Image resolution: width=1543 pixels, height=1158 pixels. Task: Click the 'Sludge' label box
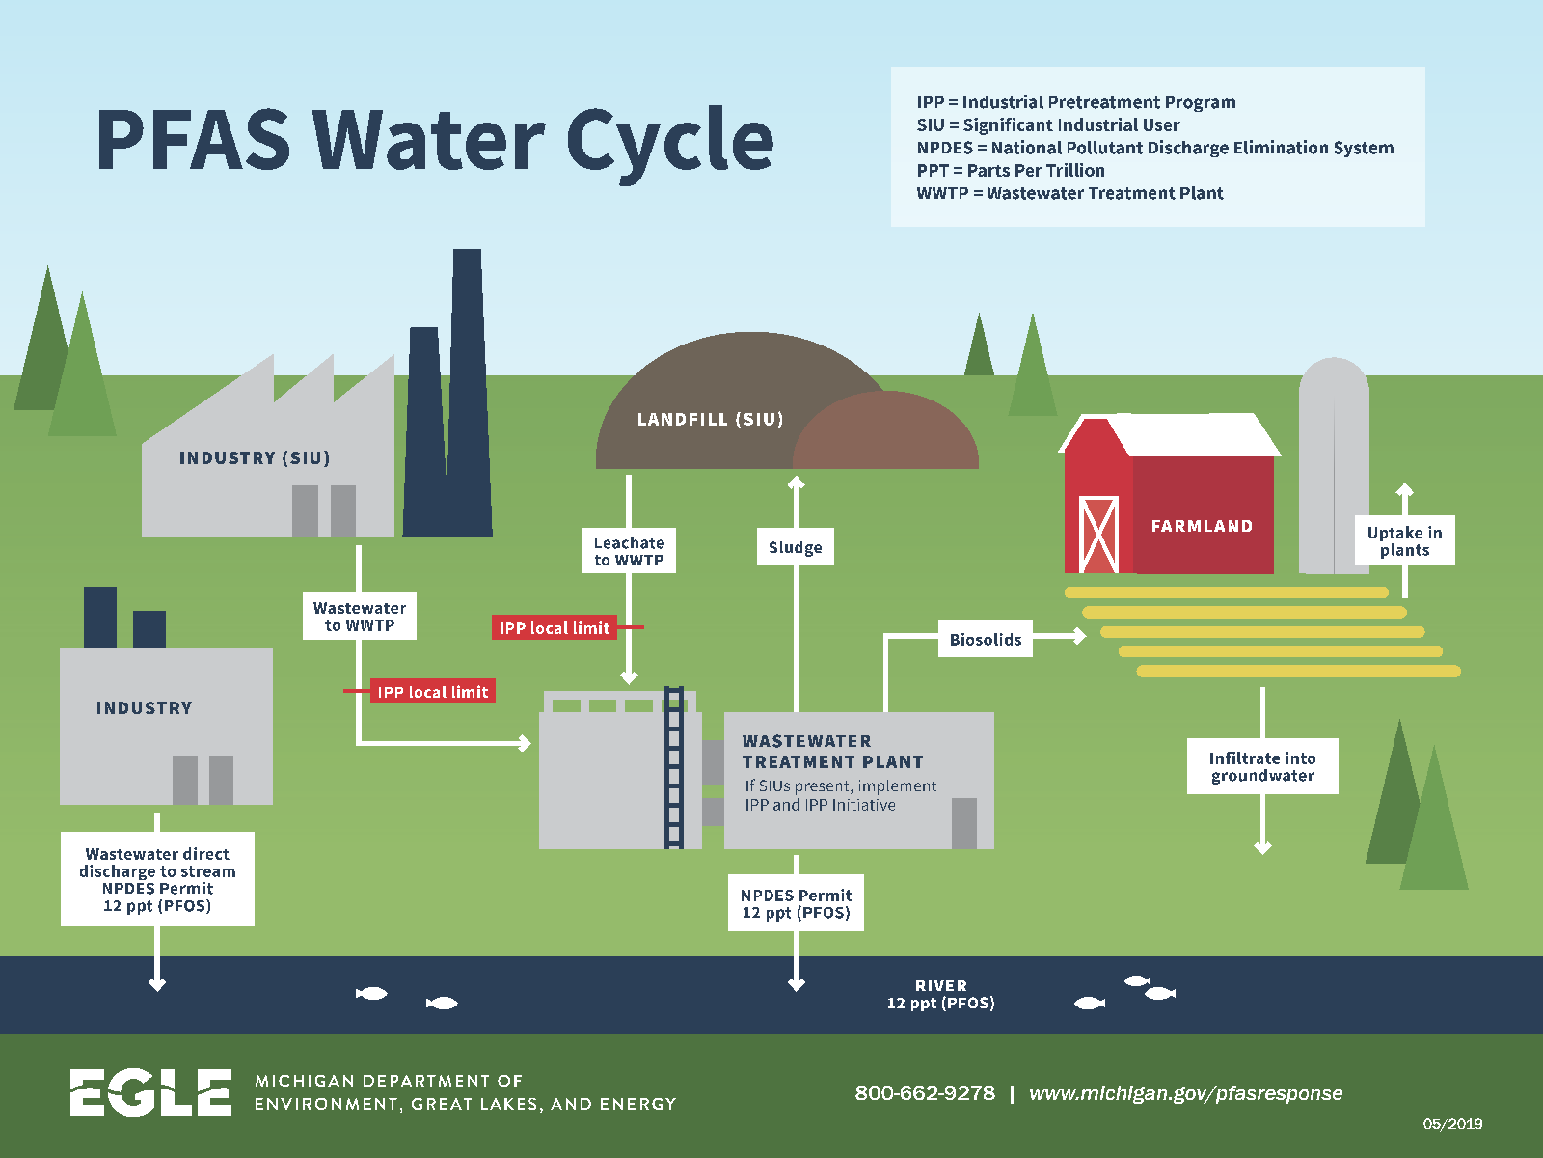click(796, 547)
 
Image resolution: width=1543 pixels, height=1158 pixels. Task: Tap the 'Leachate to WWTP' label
click(629, 551)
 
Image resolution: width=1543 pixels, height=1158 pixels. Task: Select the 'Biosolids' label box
click(985, 639)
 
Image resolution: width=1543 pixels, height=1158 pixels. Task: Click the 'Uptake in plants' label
click(1404, 541)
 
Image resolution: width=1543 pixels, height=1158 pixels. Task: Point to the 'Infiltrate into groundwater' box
click(1262, 767)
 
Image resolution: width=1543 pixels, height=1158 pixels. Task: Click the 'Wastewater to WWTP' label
click(359, 617)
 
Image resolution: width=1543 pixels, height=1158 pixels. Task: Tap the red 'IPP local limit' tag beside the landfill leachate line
click(555, 628)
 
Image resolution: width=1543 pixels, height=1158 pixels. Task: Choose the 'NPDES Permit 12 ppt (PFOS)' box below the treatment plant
click(796, 903)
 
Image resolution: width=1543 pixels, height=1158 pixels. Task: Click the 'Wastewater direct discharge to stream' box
click(157, 879)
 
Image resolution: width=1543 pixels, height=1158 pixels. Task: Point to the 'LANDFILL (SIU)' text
click(710, 420)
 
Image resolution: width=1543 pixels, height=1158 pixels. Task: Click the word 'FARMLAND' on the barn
click(1202, 526)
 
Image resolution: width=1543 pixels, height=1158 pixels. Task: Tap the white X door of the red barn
click(1097, 535)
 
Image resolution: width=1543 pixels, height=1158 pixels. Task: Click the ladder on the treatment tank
click(674, 768)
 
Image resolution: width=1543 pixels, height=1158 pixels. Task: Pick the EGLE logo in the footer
click(150, 1092)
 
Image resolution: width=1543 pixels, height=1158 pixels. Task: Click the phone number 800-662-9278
click(924, 1093)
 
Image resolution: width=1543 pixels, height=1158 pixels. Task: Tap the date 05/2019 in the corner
click(1452, 1124)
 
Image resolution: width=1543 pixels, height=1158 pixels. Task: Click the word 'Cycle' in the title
click(669, 141)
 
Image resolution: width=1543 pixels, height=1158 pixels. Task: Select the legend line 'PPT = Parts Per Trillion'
click(1011, 171)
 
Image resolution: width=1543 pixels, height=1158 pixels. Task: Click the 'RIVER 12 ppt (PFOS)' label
click(940, 995)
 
